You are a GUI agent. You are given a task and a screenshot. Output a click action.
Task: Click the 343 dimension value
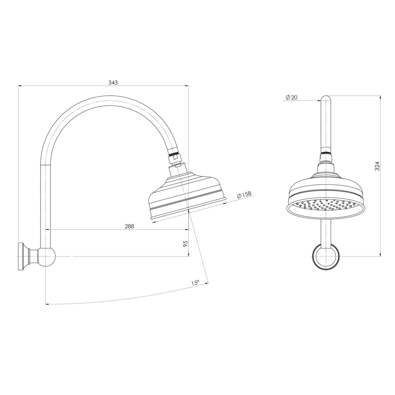[113, 83]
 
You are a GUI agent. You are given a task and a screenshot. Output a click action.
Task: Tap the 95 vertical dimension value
[185, 243]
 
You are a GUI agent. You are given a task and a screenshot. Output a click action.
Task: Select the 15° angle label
[195, 283]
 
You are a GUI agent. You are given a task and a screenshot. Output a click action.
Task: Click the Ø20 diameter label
[292, 97]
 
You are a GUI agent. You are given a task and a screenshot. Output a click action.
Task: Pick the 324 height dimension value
[377, 166]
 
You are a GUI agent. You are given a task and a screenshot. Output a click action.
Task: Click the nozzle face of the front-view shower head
[326, 208]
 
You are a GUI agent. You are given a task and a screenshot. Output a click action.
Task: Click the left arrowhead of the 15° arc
[47, 304]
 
